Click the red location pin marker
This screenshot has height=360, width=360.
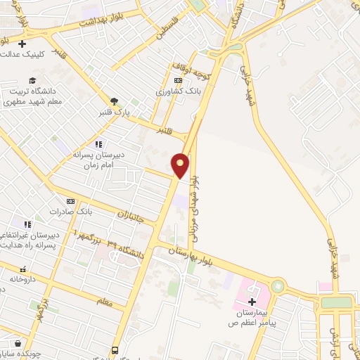pos(181,165)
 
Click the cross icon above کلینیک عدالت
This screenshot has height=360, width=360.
pos(22,44)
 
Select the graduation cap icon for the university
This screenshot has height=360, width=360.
pos(31,81)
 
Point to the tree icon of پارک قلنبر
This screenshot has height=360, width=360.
pos(113,102)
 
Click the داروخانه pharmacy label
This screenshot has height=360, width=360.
pos(22,279)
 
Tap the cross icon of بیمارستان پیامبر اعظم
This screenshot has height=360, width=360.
pos(251,301)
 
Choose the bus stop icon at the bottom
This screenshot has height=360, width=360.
pos(114,350)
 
